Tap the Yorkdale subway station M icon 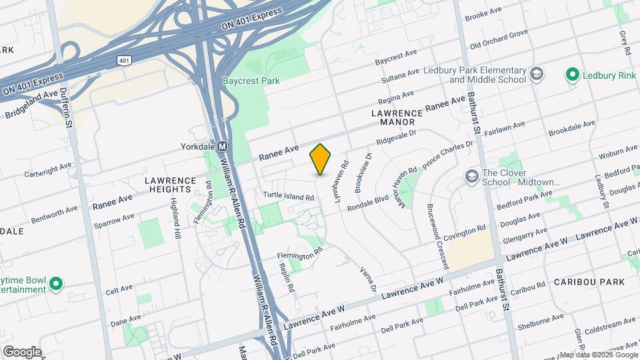click(x=223, y=147)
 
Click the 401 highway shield click(x=123, y=61)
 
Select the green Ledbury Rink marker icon click(x=571, y=75)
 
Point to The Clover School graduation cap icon click(x=472, y=177)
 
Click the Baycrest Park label click(x=251, y=81)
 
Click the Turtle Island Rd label click(x=287, y=197)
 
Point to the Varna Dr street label click(x=369, y=279)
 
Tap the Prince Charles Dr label click(x=448, y=152)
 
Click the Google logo click(x=22, y=352)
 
